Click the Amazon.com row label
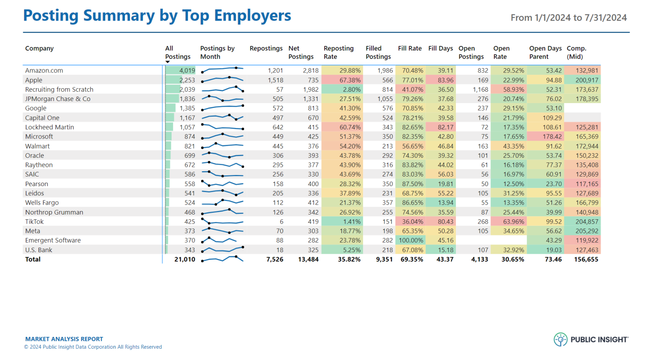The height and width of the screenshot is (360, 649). (x=44, y=70)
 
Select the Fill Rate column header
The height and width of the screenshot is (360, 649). (x=410, y=48)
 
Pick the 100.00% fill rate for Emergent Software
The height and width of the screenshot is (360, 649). (x=411, y=240)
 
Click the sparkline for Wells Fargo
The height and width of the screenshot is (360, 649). (x=222, y=202)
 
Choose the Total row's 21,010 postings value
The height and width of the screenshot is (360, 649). (x=184, y=259)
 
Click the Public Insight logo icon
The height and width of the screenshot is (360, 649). (x=560, y=339)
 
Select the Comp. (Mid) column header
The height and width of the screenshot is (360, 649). (x=577, y=52)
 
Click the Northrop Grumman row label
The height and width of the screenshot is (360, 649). (x=54, y=212)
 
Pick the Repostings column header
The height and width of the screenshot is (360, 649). (x=266, y=48)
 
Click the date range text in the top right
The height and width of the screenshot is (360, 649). (x=569, y=18)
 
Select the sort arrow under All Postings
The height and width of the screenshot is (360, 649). (x=167, y=62)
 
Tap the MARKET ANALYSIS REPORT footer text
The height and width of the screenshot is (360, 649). (x=64, y=339)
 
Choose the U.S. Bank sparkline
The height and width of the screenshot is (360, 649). (x=222, y=249)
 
